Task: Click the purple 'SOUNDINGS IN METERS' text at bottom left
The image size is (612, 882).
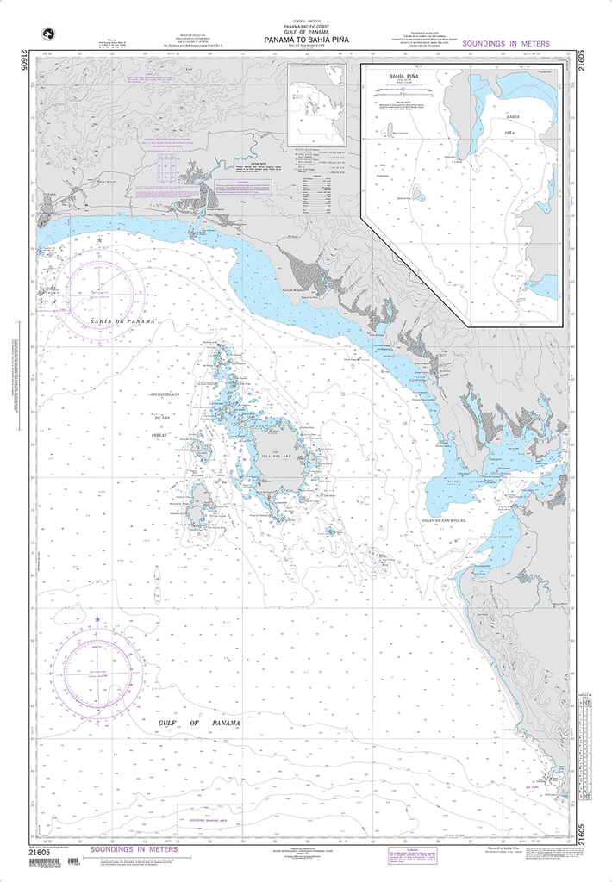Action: pos(133,849)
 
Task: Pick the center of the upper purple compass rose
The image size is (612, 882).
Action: pos(99,290)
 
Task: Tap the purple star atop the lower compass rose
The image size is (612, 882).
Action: pos(97,619)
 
